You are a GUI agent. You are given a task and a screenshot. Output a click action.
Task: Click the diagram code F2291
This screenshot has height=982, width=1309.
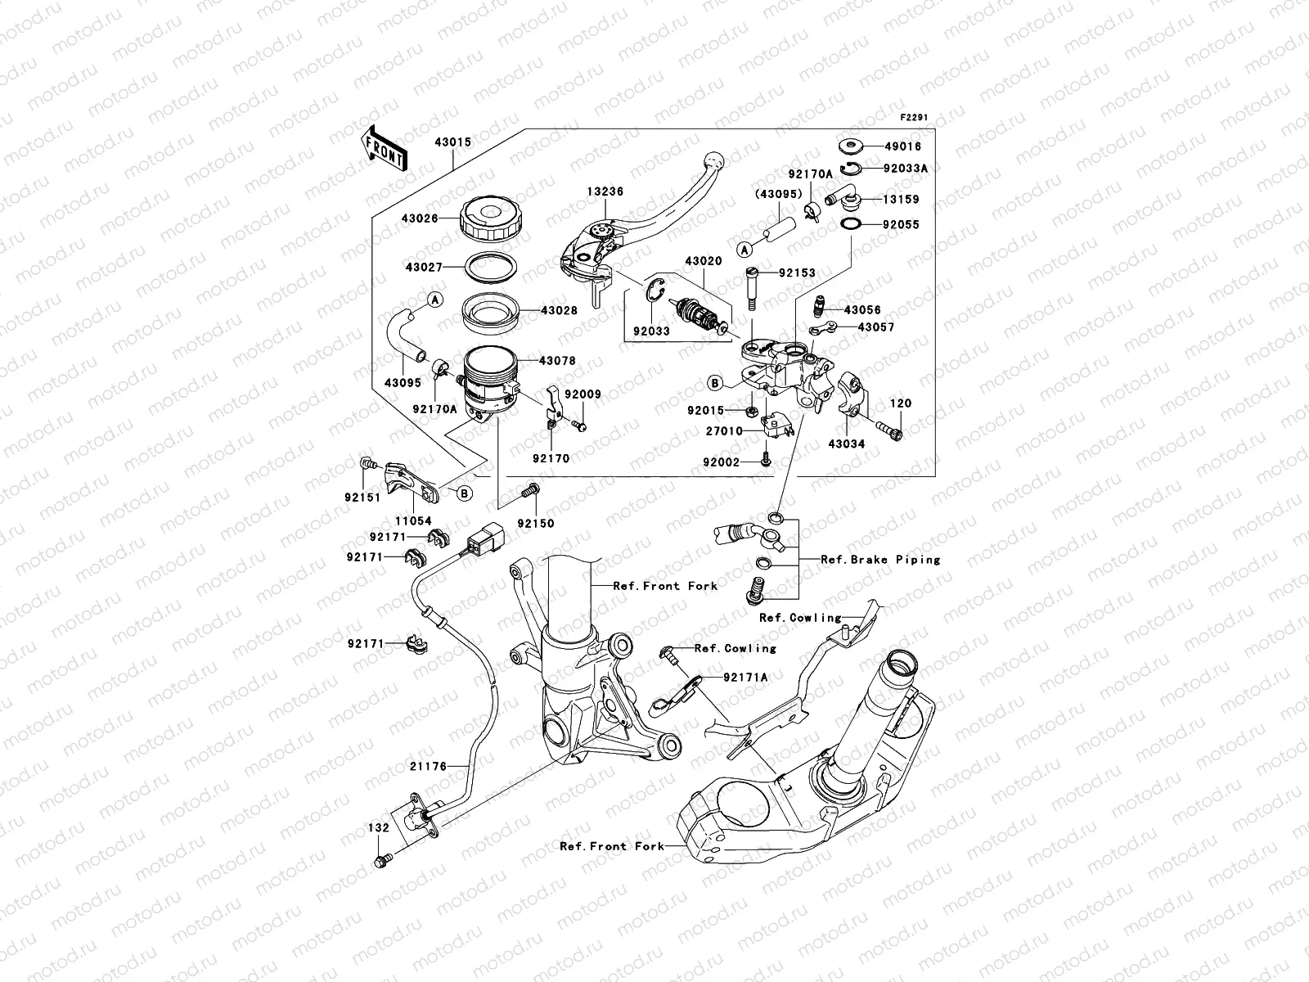pos(915,118)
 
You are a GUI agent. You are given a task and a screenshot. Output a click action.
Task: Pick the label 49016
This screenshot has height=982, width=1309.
pos(902,146)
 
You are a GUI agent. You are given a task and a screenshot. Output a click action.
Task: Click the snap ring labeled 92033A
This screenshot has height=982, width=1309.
pos(852,169)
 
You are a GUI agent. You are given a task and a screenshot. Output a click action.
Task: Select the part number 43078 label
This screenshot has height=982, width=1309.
pos(557,360)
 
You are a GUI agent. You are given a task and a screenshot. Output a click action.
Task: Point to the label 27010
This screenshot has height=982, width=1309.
pos(724,431)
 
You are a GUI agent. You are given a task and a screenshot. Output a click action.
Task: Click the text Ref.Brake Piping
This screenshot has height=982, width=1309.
pos(880,560)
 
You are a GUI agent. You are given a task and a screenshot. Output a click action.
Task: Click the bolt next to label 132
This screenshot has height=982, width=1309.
pos(383,859)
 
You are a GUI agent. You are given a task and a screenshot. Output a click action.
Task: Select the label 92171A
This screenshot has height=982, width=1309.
pos(745,677)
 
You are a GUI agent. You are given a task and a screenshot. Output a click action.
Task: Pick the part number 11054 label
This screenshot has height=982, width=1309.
pos(414,520)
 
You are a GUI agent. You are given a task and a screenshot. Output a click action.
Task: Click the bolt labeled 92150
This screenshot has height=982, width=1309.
pos(528,491)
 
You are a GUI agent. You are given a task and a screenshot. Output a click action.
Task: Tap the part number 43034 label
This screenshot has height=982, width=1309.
pos(846,444)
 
